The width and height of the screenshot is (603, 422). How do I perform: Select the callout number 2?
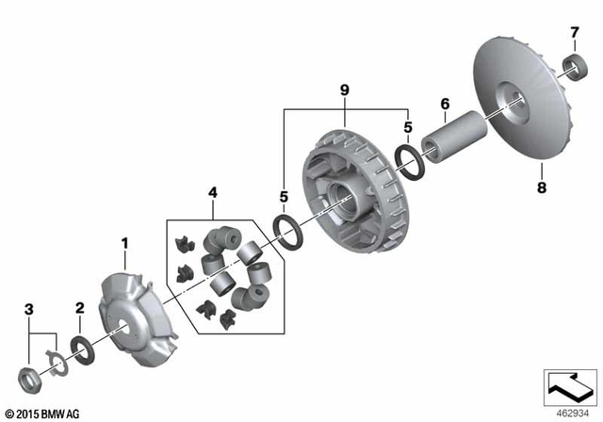[x=80, y=308]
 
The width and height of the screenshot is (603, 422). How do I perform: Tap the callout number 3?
[x=29, y=309]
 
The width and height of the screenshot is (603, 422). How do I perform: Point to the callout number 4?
[x=213, y=192]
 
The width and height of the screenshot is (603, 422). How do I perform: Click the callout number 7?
[x=573, y=33]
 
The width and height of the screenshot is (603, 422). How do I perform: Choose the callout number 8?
[x=541, y=187]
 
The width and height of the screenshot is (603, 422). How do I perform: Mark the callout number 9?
[x=345, y=89]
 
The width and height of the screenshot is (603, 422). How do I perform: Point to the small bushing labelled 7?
[x=572, y=65]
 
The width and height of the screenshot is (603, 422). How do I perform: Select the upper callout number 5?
[x=407, y=125]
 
